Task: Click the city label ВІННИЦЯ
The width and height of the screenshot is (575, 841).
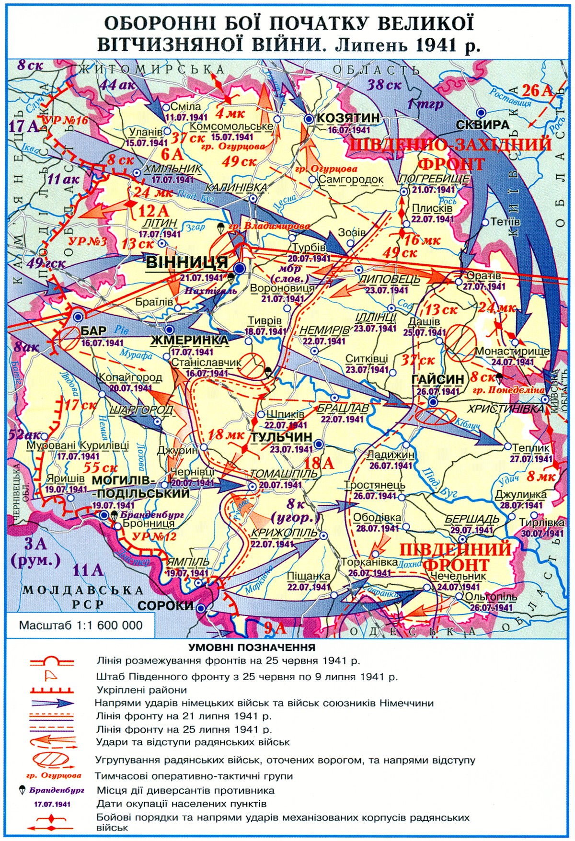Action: click(187, 262)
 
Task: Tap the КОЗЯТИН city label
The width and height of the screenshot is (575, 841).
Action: click(348, 118)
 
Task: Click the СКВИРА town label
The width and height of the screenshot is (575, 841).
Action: click(482, 125)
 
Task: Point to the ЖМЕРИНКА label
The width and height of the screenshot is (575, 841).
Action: click(190, 340)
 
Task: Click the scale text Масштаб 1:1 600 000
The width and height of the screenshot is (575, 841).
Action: click(81, 625)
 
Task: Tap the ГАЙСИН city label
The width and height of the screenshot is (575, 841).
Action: click(437, 379)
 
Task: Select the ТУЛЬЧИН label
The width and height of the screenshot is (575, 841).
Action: click(281, 437)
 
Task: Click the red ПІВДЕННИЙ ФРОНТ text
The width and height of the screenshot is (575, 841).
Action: click(455, 557)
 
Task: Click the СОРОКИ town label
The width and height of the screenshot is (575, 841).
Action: click(165, 605)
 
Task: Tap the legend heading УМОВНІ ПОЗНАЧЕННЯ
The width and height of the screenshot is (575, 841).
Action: click(252, 648)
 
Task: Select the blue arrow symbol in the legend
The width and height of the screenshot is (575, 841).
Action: click(51, 703)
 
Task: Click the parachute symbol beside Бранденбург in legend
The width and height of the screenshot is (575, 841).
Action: click(22, 790)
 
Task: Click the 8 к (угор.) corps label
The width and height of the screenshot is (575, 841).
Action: click(296, 511)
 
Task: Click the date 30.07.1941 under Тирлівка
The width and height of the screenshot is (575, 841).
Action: click(542, 534)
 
